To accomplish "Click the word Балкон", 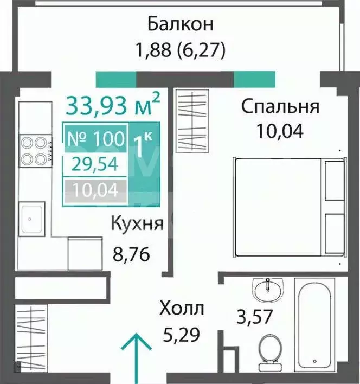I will click(x=180, y=24).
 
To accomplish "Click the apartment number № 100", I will click(x=95, y=138).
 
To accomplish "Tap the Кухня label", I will click(x=137, y=223).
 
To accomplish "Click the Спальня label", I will click(x=280, y=106).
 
